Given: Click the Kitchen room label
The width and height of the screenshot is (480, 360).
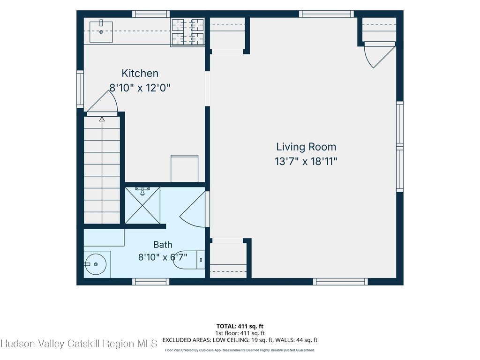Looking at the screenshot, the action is tap(140, 74).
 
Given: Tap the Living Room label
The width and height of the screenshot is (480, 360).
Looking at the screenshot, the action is tap(306, 147).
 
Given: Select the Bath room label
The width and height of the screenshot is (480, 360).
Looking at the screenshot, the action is tap(163, 245).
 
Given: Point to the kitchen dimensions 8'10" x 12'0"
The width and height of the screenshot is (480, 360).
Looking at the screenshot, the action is tap(140, 88).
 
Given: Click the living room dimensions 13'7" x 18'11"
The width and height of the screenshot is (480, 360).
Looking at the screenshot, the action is tap(306, 161).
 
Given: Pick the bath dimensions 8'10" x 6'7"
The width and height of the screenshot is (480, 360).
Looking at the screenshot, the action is tap(163, 257).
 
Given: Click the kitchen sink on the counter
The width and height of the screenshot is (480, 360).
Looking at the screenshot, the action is tap(101, 31).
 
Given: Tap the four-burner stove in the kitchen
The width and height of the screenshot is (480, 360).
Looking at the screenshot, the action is tap(187, 32).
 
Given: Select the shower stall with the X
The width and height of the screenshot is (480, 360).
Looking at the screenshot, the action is tap(142, 205).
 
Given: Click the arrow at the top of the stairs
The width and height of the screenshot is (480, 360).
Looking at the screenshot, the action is tap(102, 119).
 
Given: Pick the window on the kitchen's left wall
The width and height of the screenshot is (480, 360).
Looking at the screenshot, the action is tap(80, 89).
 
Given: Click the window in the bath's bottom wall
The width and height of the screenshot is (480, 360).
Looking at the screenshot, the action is tap(150, 282).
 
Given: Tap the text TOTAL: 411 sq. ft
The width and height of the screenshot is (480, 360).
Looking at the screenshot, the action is tap(240, 326).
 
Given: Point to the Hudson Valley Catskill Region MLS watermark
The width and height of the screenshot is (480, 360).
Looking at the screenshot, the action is tap(79, 344).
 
